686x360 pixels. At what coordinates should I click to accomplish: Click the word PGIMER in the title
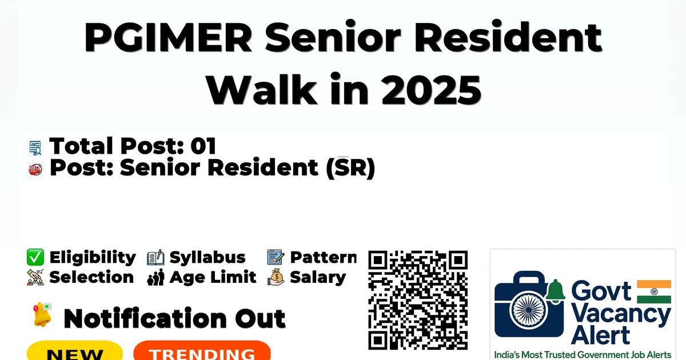(168, 38)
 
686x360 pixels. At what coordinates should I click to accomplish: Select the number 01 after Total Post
(204, 146)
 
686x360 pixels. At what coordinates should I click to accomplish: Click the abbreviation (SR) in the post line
(350, 168)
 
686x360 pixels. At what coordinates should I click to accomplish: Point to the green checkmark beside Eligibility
(35, 257)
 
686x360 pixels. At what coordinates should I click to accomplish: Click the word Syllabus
(208, 257)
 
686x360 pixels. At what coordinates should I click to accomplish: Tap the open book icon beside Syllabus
(155, 257)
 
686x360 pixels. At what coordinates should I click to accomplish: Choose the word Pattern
(324, 257)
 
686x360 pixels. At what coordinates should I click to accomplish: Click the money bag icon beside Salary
(276, 277)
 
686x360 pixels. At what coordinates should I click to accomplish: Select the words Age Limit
(213, 277)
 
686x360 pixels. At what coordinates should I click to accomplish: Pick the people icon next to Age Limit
(155, 277)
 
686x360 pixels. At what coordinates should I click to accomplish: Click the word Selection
(91, 277)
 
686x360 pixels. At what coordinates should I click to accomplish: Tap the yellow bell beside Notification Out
(42, 315)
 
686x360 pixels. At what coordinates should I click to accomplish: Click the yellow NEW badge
(75, 351)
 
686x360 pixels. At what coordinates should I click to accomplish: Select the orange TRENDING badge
(202, 351)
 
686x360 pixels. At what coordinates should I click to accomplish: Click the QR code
(418, 300)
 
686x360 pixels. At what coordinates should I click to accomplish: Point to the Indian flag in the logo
(654, 291)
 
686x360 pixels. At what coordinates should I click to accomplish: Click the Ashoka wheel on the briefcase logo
(529, 310)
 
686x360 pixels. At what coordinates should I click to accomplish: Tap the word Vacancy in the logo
(621, 314)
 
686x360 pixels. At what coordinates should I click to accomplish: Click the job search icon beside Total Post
(35, 148)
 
